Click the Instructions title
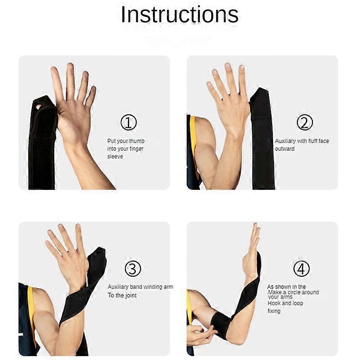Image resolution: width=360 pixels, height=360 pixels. [x=180, y=15]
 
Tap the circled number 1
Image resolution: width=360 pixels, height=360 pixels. [x=129, y=122]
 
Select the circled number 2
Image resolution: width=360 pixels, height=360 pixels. [x=305, y=122]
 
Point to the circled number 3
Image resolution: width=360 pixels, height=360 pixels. [x=133, y=268]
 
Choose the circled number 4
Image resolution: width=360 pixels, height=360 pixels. [x=301, y=268]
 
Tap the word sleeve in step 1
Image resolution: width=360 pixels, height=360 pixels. [x=115, y=156]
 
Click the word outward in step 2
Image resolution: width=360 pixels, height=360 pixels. [x=285, y=149]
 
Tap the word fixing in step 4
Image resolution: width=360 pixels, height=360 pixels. [x=274, y=311]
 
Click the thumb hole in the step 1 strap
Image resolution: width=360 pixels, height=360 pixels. [x=38, y=107]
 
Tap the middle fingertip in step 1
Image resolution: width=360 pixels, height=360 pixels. [x=70, y=66]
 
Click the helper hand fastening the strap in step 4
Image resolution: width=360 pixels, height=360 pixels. [x=200, y=334]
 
